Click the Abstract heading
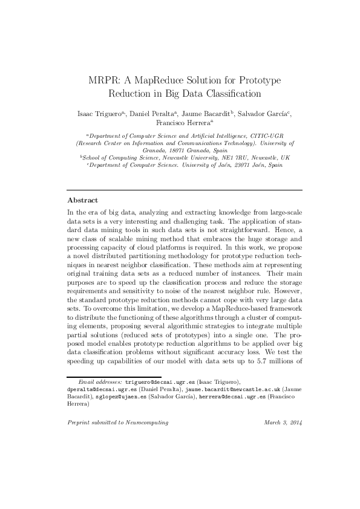point(82,199)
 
